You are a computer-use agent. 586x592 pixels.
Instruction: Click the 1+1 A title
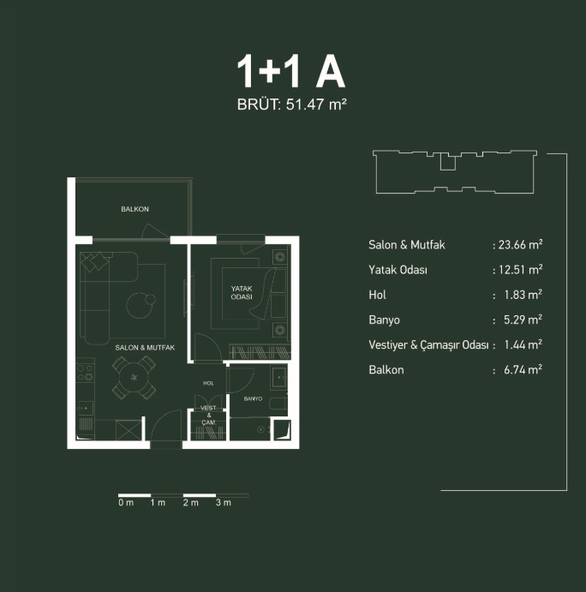click(290, 72)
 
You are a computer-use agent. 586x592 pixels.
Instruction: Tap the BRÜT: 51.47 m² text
click(292, 105)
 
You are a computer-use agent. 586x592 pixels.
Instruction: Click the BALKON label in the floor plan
click(135, 209)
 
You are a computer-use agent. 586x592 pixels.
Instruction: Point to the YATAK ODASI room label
click(242, 293)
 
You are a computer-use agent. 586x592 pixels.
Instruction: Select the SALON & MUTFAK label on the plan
click(145, 348)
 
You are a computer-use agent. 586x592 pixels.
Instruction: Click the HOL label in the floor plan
click(208, 383)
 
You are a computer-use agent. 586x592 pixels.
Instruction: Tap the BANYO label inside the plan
click(253, 398)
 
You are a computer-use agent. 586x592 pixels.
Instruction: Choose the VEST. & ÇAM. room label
click(209, 416)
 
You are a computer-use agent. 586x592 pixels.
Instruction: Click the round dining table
click(134, 377)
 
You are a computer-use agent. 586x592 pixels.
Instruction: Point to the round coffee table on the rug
click(140, 306)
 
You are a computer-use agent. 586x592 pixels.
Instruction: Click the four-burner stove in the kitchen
click(85, 373)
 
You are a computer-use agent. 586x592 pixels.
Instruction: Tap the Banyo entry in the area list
click(384, 320)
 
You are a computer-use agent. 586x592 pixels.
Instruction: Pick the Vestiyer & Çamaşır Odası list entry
click(428, 345)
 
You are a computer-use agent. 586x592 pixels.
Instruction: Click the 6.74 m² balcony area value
click(523, 369)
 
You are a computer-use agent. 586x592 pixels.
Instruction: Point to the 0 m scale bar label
click(126, 503)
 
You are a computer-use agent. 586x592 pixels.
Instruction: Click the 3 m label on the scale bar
click(223, 503)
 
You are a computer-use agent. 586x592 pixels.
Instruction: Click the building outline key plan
click(455, 172)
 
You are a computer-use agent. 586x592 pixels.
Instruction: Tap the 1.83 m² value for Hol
click(523, 295)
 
